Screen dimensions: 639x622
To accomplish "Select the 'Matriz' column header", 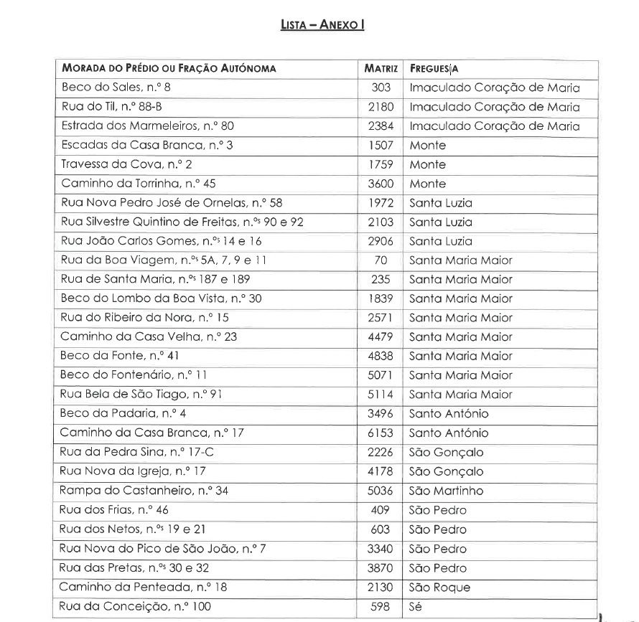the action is point(381,69).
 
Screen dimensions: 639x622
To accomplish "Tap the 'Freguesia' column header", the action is point(434,69).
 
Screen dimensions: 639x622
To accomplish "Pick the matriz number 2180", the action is point(381,107).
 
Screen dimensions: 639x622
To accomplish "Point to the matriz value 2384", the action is point(381,126).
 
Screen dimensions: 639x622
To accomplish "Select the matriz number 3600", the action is point(381,184).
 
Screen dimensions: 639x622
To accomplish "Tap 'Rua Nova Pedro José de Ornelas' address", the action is point(172,203).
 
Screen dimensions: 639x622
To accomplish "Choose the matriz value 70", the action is point(381,260).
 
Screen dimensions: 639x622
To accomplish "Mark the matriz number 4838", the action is point(381,356).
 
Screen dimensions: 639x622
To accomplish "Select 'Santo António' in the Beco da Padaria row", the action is point(449,414).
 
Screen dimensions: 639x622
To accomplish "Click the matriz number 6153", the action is point(381,433).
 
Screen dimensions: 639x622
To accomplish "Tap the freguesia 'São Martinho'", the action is point(446,491).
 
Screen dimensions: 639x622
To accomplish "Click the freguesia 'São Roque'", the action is point(439,588).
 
